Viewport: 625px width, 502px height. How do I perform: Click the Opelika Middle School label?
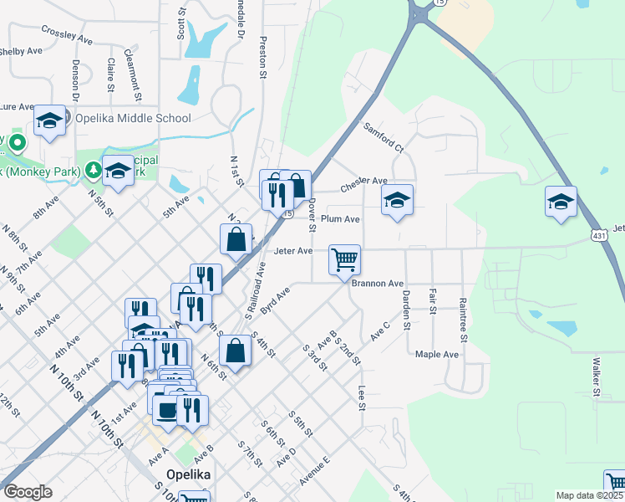133,119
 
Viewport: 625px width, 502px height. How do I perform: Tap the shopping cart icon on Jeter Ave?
344,259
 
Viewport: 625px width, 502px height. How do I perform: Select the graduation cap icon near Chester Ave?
398,200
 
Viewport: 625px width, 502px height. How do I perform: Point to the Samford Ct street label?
384,137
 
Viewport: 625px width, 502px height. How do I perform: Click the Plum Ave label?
340,219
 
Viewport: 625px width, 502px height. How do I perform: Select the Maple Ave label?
437,355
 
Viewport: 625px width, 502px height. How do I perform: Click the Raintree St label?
462,315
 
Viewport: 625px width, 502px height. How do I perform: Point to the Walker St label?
597,377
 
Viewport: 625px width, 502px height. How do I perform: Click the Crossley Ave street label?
68,33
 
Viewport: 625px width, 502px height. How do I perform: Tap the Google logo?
28,491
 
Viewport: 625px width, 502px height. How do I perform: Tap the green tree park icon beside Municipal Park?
92,171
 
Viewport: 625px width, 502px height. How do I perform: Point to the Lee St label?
362,397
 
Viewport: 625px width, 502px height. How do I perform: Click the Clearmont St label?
132,69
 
